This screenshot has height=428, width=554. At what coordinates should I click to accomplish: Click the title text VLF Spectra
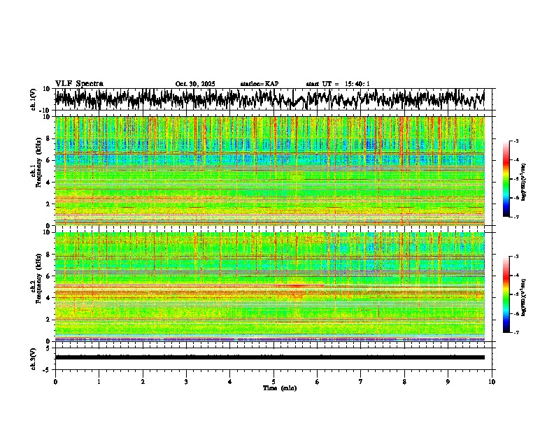(x=79, y=84)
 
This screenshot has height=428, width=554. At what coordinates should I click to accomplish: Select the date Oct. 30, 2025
(x=195, y=84)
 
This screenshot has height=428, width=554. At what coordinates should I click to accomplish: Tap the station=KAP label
(x=259, y=84)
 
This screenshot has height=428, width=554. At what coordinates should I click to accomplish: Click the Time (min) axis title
(x=279, y=387)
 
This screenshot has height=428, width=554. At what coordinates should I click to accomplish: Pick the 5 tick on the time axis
(x=274, y=382)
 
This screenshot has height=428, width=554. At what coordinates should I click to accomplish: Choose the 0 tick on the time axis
(x=55, y=382)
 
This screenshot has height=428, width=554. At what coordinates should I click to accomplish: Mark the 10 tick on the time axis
(x=492, y=382)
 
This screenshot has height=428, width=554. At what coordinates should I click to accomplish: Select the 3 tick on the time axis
(x=186, y=382)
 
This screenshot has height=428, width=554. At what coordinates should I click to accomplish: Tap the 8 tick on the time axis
(x=404, y=382)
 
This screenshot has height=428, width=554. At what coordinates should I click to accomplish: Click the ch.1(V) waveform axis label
(x=33, y=99)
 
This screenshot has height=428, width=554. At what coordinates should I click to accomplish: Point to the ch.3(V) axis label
(x=33, y=357)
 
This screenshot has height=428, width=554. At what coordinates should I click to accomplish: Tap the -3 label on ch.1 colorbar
(x=516, y=141)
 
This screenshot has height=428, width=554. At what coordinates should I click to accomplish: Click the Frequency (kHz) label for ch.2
(x=41, y=287)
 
